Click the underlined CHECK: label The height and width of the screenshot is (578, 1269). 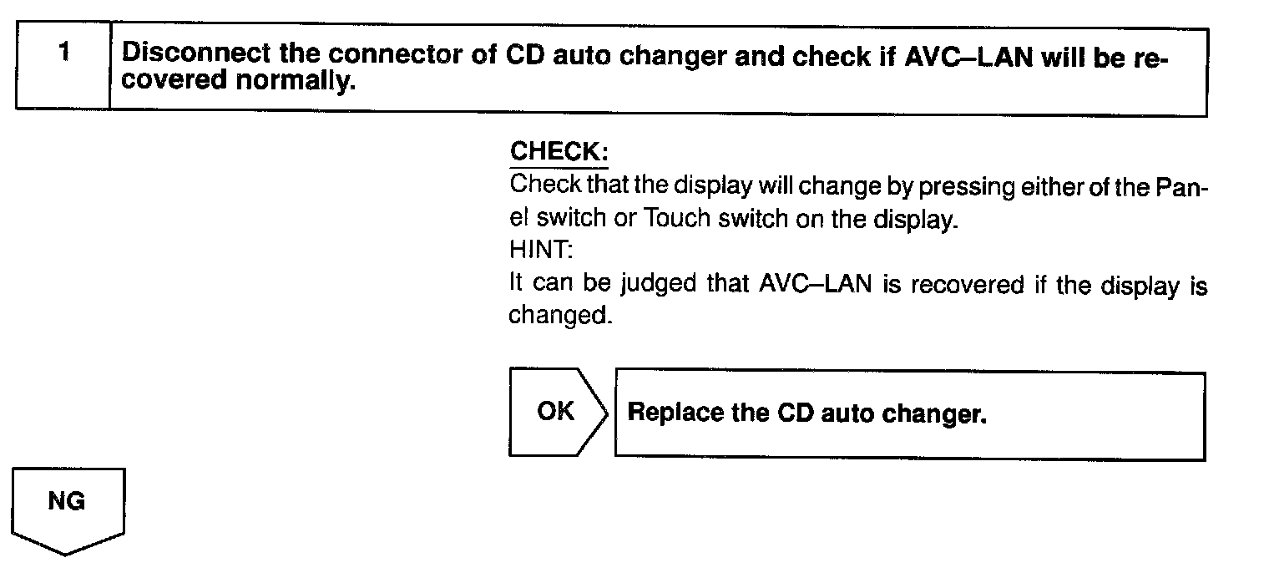(x=559, y=152)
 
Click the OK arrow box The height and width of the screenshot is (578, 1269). (x=556, y=412)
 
